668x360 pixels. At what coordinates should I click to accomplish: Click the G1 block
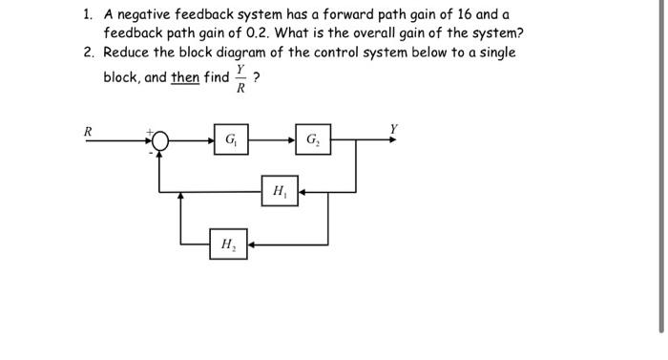[x=231, y=141]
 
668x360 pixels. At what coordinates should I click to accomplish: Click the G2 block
[x=313, y=141]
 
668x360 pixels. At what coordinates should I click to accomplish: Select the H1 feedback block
[x=280, y=191]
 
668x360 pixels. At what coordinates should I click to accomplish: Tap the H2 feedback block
[x=228, y=244]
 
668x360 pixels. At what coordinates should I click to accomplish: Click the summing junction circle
[x=159, y=141]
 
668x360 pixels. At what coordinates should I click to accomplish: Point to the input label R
[x=88, y=130]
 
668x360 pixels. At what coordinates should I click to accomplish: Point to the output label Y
[x=393, y=128]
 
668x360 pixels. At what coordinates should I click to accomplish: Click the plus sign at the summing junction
[x=148, y=132]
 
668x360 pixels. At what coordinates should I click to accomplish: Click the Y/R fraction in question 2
[x=240, y=78]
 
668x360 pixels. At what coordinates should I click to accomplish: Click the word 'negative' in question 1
[x=151, y=14]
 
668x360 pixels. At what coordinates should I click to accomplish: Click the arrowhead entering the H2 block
[x=251, y=244]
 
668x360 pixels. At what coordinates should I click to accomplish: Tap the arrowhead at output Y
[x=393, y=141]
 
